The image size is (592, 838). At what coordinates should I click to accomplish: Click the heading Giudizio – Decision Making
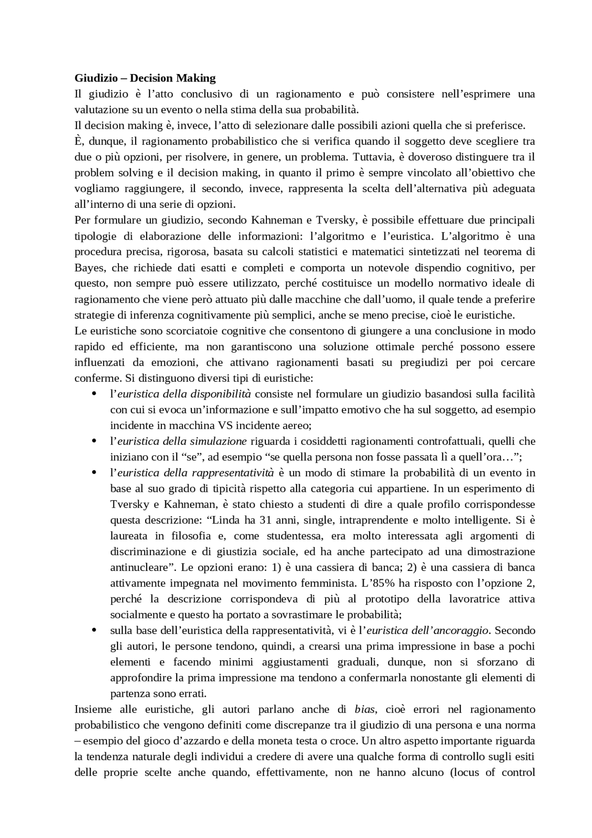tap(145, 78)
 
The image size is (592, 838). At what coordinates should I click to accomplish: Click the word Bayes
tap(88, 268)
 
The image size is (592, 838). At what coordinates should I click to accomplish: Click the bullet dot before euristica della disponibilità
tap(94, 394)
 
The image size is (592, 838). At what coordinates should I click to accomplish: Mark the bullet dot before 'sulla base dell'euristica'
tap(94, 631)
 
